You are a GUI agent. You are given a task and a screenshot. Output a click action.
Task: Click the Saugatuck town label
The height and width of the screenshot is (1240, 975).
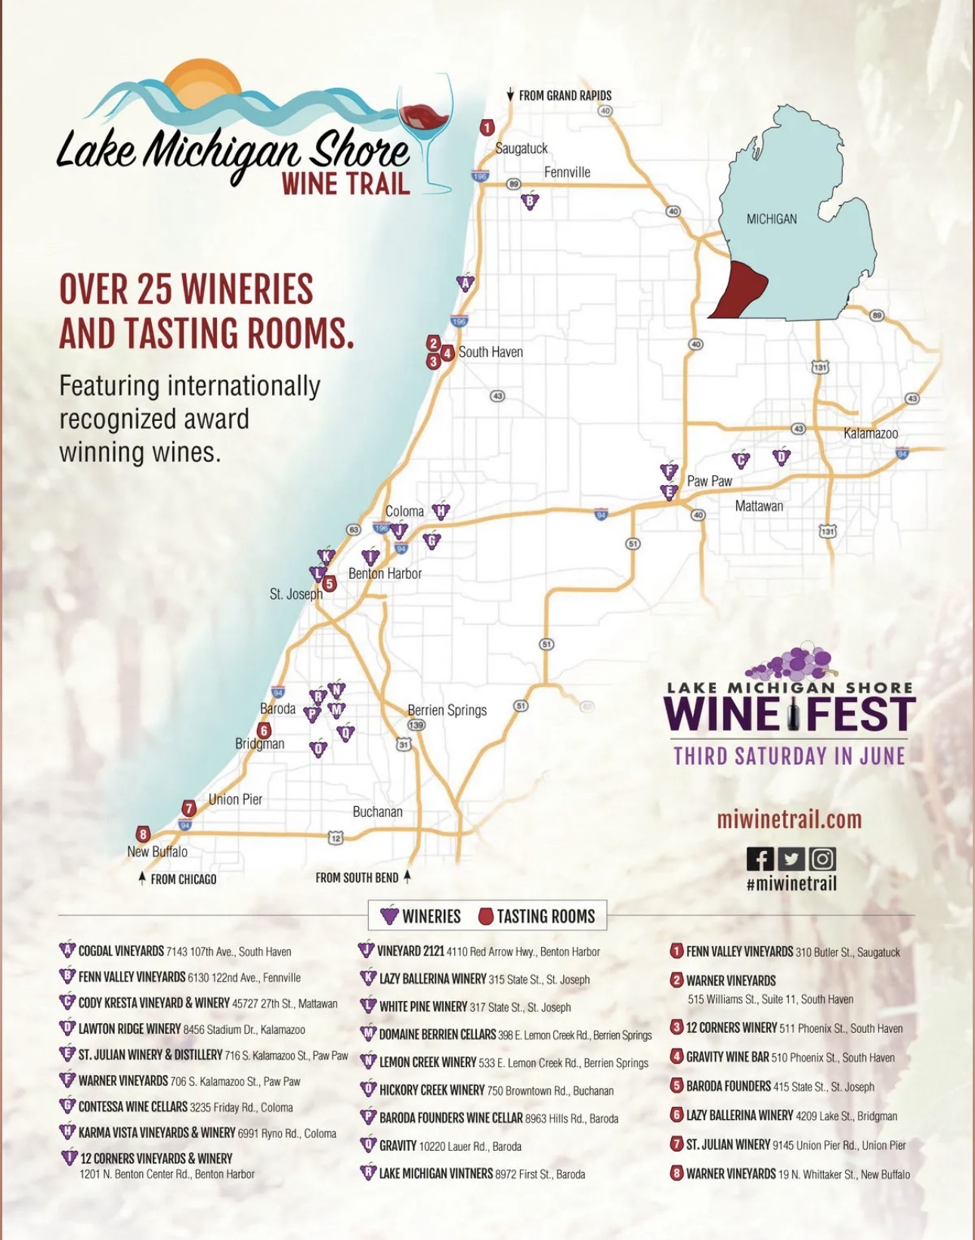(x=521, y=148)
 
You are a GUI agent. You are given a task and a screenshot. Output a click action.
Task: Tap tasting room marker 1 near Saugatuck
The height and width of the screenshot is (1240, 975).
(x=487, y=128)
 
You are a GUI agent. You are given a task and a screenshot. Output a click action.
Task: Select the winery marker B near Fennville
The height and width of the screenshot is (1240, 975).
(x=530, y=201)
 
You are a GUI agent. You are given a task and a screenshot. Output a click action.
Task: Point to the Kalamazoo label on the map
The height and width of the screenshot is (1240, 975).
(x=870, y=433)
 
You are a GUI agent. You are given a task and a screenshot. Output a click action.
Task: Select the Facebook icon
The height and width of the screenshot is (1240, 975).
(x=760, y=859)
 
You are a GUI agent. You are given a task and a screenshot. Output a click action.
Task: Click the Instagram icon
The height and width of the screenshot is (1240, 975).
(x=822, y=859)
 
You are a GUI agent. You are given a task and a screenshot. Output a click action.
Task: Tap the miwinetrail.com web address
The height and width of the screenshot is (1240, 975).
(x=789, y=819)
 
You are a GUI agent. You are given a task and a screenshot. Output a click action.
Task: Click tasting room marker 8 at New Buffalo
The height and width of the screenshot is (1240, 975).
(x=143, y=834)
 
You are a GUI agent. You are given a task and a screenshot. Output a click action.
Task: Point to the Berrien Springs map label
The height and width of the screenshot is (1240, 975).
(x=447, y=710)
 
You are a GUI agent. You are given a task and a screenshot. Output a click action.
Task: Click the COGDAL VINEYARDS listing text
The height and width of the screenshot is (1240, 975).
(x=121, y=951)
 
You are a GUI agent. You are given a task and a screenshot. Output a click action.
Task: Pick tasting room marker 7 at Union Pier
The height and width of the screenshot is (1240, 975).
(x=189, y=808)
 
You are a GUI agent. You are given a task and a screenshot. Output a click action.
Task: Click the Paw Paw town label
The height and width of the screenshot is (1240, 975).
(x=709, y=481)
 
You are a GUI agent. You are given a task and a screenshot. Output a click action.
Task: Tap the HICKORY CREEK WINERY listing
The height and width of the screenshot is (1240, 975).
(x=432, y=1090)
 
